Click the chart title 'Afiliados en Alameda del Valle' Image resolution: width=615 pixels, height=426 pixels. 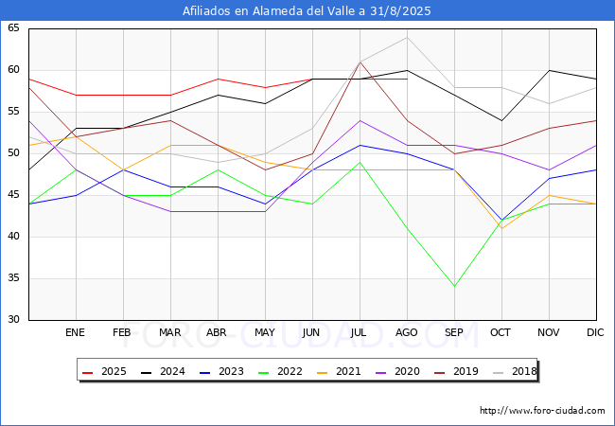pos(307,11)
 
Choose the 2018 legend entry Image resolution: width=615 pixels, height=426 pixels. pos(517,371)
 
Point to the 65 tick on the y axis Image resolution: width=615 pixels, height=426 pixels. pos(14,28)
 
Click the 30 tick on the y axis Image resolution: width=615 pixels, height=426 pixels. pos(14,320)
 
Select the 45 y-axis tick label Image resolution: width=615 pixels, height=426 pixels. pos(14,195)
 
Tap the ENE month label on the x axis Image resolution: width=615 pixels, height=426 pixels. pos(75,333)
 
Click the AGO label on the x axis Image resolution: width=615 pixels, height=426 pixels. pos(407,333)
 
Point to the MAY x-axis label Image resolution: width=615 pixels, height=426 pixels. pos(265,333)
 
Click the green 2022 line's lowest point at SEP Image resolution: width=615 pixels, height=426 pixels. pos(454,287)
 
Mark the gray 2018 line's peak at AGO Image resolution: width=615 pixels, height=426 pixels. pos(407,37)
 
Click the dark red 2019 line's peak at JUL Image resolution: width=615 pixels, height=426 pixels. pos(360,62)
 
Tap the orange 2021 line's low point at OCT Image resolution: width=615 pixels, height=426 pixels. pos(501,228)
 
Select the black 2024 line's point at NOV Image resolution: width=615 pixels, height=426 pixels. pos(549,70)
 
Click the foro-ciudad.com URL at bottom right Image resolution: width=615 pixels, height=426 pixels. pos(542,411)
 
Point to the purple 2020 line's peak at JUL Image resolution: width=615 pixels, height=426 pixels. pos(360,120)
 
